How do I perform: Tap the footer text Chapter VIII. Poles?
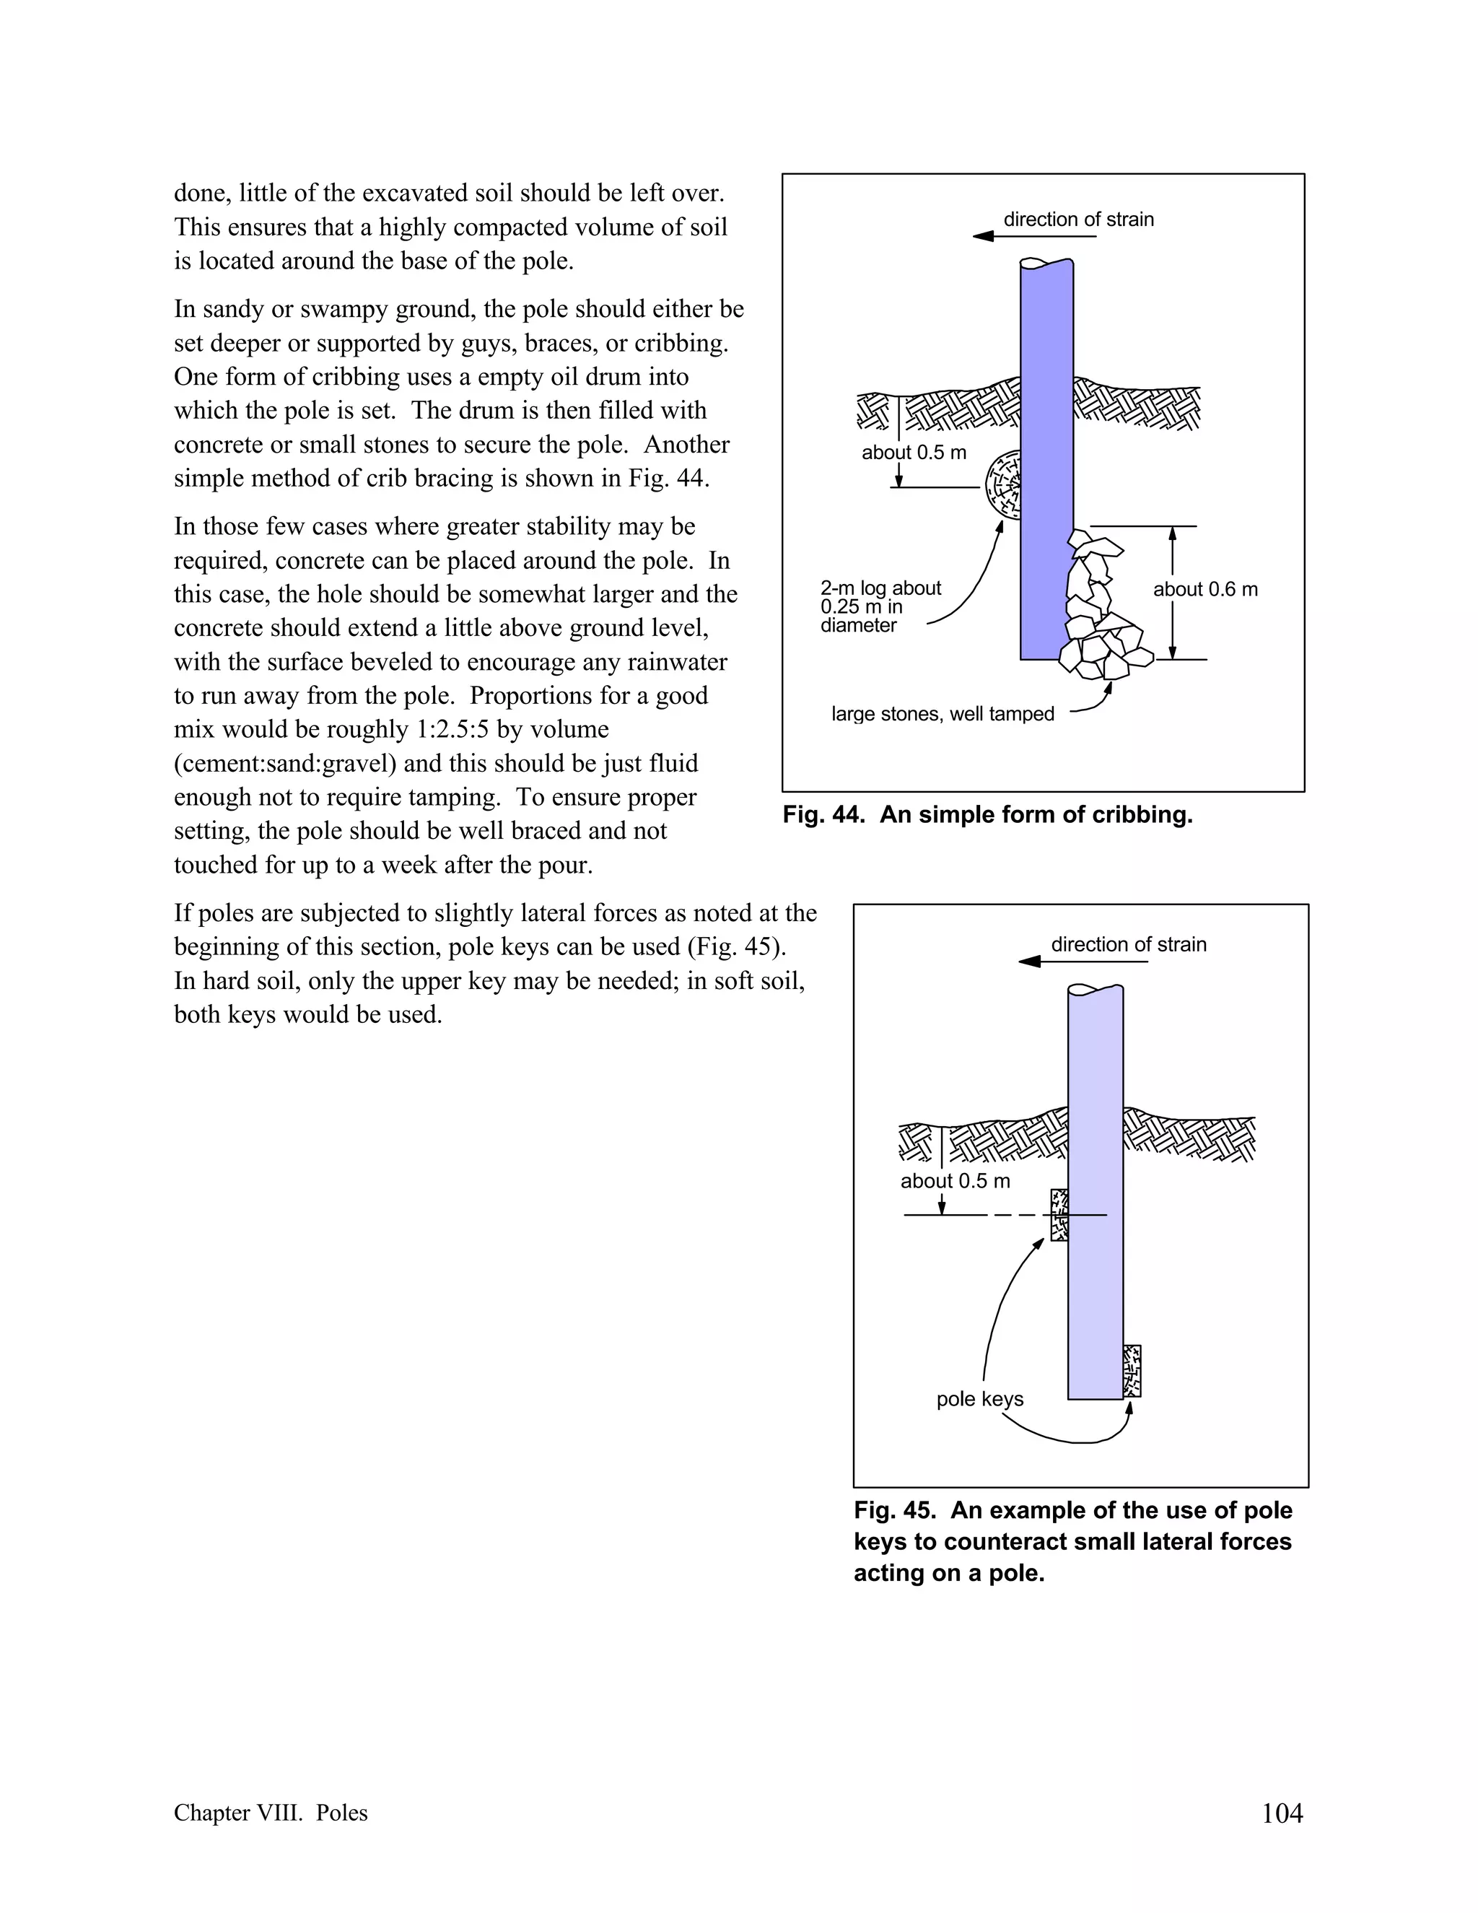coord(271,1813)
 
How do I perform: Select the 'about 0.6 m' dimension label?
coord(1204,590)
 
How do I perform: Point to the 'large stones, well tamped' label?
coord(942,714)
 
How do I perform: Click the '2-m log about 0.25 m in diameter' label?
coord(879,606)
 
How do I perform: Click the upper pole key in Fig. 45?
coord(1059,1214)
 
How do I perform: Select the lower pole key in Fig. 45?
coord(1132,1371)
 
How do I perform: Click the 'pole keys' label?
coord(980,1399)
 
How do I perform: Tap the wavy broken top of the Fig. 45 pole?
coord(1095,989)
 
